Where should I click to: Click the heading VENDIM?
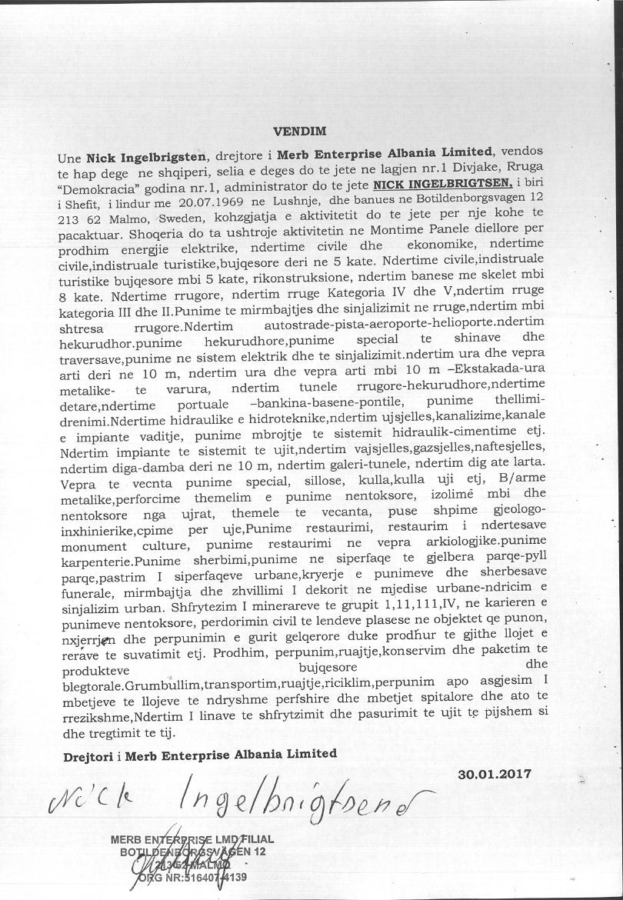tap(300, 132)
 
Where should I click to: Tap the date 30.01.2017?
tap(494, 775)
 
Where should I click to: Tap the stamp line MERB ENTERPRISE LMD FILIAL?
tap(192, 839)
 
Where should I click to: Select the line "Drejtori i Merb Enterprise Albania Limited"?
tap(200, 755)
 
